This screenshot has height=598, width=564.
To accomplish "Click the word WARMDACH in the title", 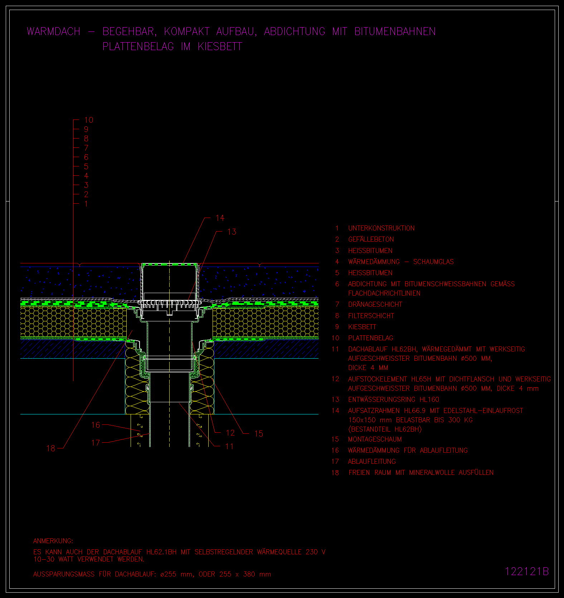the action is pos(54,31).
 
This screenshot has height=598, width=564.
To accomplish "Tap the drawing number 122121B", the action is pos(527,571).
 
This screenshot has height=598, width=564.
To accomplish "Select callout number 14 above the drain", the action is pos(220,218).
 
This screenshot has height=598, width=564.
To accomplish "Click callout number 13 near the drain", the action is pos(232,232).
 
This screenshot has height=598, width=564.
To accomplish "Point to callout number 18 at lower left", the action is pos(51,448).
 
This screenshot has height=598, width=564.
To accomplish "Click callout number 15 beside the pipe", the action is pos(259,434).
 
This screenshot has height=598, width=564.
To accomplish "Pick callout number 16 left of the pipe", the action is pos(96,425).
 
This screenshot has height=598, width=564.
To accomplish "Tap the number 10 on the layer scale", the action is pos(88,120).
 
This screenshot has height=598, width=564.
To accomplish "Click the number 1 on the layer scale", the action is pos(86,204).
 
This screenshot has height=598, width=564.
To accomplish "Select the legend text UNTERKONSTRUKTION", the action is pos(381,228).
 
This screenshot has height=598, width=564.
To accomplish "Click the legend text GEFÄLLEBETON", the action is pos(371,239).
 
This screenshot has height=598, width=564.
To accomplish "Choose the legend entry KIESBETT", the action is pos(362,327).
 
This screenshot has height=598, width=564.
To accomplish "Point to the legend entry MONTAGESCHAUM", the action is pos(375,439).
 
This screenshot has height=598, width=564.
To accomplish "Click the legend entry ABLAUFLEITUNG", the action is pos(372,461).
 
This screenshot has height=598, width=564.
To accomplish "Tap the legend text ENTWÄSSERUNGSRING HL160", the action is pos(394,399).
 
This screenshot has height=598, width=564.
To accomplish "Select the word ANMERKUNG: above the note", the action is pos(53,541).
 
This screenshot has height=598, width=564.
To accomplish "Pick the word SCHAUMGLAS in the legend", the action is pos(433,262).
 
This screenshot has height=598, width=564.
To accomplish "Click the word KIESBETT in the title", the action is pos(220,47).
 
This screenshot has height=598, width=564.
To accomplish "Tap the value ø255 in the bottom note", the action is pos(168,574).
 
